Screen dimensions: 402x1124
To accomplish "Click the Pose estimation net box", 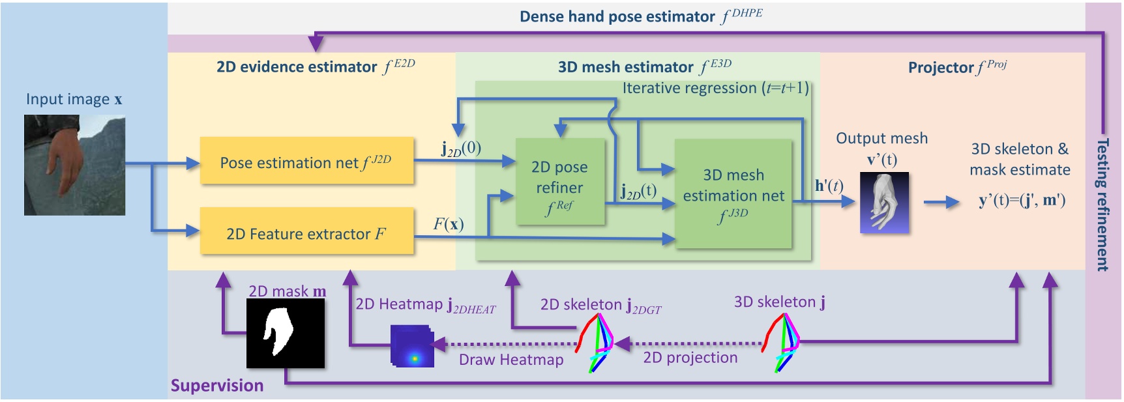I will tap(306, 161).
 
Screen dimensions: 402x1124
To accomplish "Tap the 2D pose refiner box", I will tap(559, 182).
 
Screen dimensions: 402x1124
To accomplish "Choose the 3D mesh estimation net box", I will tap(733, 194).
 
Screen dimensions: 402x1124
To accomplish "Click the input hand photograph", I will tap(74, 165).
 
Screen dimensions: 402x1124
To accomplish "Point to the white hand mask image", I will tap(285, 333).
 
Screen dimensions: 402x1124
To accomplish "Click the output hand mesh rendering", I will tap(884, 203).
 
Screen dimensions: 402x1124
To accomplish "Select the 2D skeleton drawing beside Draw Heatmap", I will tap(595, 343).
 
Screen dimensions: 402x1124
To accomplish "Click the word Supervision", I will tap(216, 386).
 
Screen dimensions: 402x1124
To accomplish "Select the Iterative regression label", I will tap(715, 88).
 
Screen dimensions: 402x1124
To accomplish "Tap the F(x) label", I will tap(449, 225).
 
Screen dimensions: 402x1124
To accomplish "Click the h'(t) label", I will tap(829, 186).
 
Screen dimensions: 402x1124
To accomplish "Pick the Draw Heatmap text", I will tap(510, 360).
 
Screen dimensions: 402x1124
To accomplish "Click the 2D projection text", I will tap(690, 358).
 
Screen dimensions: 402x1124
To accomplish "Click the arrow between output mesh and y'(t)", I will tap(941, 203).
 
